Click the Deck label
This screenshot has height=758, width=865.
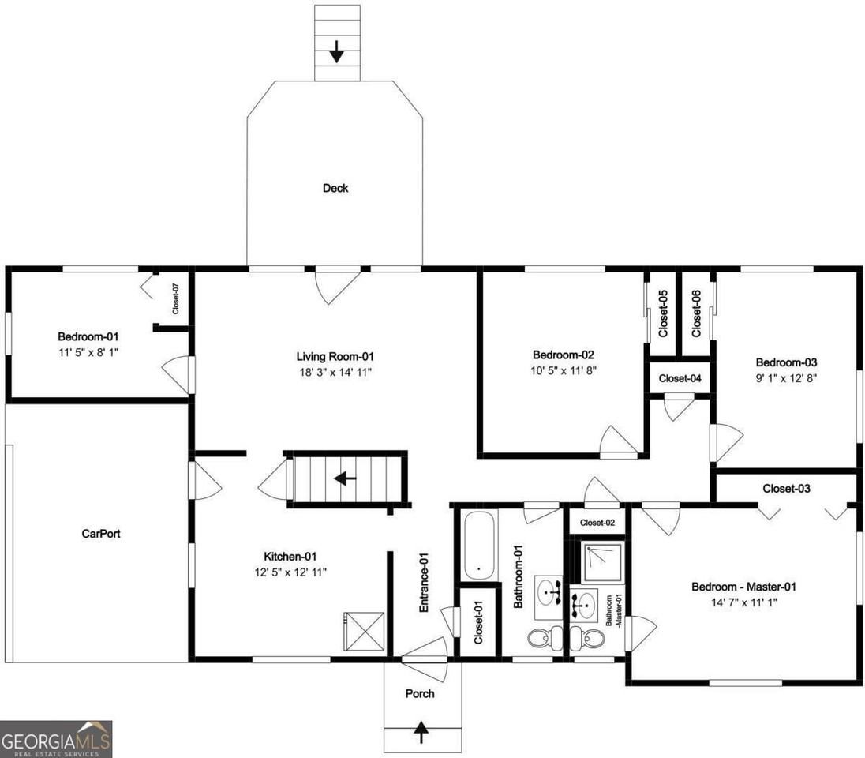(335, 188)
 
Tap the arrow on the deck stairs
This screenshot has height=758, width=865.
(337, 52)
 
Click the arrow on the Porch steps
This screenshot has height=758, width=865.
(421, 732)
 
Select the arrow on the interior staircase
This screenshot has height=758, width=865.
(345, 478)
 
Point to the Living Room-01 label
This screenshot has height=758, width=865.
(335, 356)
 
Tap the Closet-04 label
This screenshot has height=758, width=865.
(680, 378)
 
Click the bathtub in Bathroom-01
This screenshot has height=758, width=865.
(479, 546)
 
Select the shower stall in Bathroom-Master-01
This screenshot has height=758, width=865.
(602, 561)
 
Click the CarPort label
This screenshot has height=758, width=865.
(101, 534)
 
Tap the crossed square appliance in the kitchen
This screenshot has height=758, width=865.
(364, 631)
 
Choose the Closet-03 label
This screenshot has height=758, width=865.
(786, 489)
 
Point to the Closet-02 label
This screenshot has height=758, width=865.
(597, 523)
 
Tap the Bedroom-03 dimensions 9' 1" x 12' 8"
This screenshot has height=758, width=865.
(784, 378)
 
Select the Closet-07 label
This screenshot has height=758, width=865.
(175, 298)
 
